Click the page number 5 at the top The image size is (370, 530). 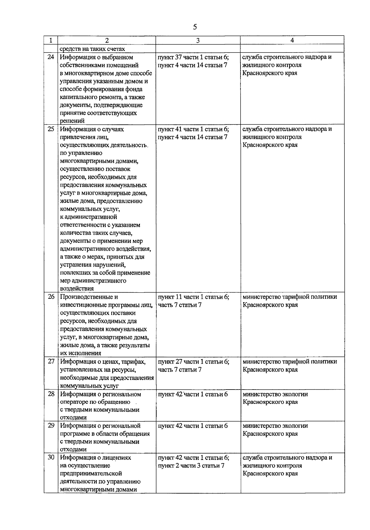195,27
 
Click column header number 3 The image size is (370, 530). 198,40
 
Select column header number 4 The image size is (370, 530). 292,40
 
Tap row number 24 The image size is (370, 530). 51,57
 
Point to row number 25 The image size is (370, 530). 51,129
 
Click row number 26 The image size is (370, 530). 51,297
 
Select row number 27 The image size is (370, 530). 51,361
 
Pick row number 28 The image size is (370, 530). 51,394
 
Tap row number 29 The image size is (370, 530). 51,426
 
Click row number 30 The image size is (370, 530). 51,457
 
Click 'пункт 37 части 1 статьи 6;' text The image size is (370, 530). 193,57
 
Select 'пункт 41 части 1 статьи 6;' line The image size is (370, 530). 193,129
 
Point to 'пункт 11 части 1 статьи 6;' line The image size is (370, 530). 193,297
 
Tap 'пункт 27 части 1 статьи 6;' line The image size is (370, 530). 193,361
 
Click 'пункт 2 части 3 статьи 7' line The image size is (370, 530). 191,465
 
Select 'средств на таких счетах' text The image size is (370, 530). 92,49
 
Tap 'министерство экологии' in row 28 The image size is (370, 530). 275,394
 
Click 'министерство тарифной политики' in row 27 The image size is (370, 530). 290,361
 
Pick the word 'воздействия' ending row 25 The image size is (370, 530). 77,289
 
